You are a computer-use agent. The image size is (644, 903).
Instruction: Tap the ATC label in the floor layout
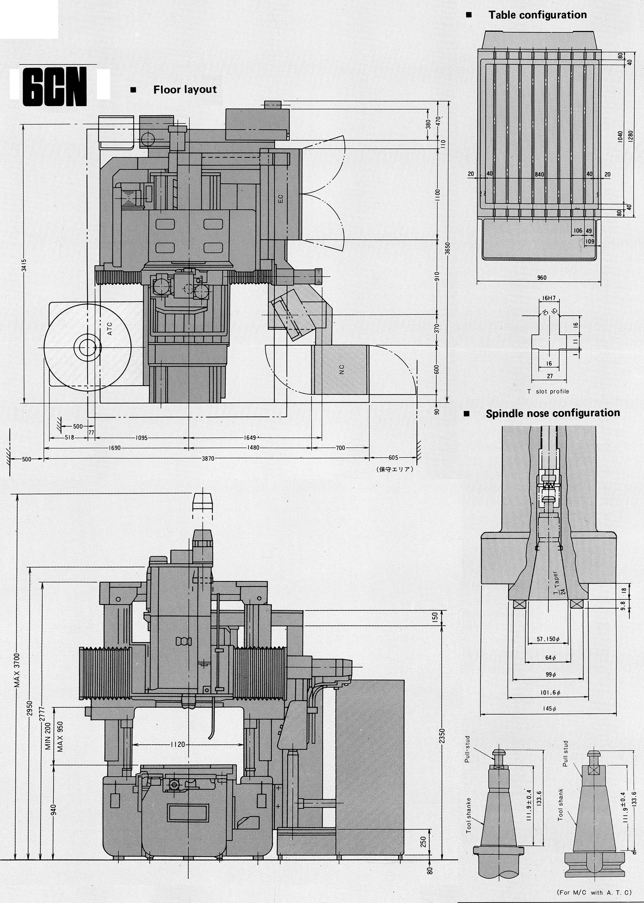[x=110, y=329]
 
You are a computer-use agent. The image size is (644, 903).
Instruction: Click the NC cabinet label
[x=342, y=369]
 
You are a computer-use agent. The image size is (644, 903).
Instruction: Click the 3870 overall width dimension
[x=208, y=459]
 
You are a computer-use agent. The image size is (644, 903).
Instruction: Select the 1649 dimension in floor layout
[x=250, y=438]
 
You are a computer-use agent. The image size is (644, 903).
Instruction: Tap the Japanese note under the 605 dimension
[x=395, y=469]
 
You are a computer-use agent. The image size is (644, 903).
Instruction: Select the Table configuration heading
[x=537, y=15]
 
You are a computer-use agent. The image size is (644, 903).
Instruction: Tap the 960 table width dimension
[x=542, y=278]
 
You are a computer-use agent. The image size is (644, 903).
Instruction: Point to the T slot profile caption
[x=548, y=391]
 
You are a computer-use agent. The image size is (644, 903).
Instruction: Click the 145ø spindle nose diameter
[x=548, y=708]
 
